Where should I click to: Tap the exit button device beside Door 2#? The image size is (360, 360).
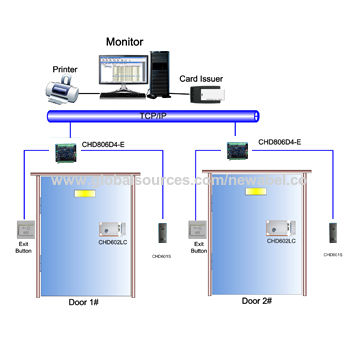[x=199, y=228]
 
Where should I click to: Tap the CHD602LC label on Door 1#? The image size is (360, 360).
[x=112, y=242]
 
